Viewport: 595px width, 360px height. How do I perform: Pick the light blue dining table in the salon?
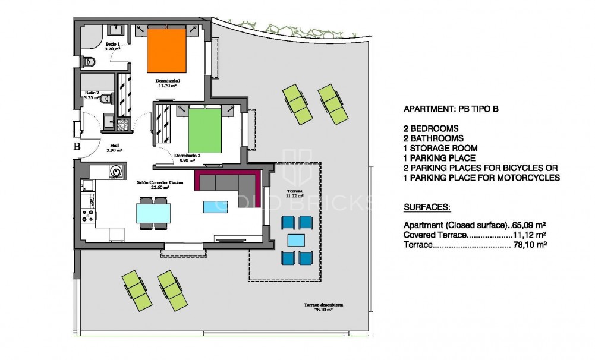point(153,212)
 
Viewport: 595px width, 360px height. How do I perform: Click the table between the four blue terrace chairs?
point(297,240)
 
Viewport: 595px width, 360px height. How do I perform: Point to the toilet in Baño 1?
point(89,61)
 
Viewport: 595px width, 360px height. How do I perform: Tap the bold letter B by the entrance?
point(77,146)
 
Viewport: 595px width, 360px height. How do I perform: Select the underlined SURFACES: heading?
point(427,208)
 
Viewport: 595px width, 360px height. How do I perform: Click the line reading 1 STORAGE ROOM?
point(440,148)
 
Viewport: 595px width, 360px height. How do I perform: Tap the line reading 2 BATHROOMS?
point(437,138)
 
